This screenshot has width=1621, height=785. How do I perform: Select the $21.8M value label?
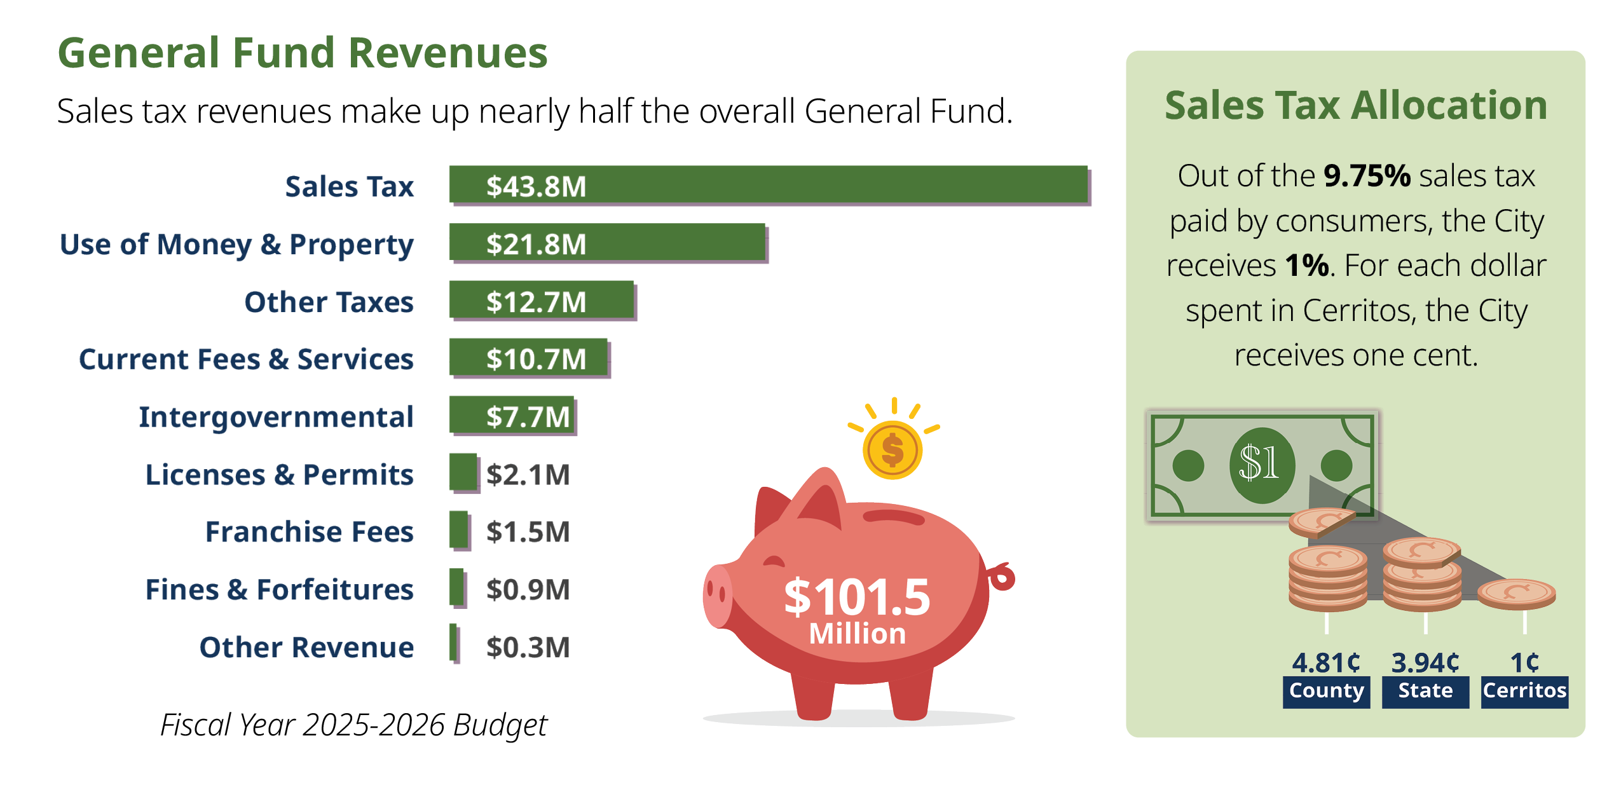tap(535, 244)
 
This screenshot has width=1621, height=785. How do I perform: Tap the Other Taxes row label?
tap(329, 302)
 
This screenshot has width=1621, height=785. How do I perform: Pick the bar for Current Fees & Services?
tap(528, 358)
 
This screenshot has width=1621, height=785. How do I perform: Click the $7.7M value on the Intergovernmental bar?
tap(528, 417)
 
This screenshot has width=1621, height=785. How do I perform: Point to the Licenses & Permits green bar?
tap(463, 472)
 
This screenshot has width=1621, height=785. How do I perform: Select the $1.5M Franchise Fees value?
tap(528, 532)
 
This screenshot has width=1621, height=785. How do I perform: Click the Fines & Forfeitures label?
tap(279, 589)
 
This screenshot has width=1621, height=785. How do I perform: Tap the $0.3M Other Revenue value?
tap(528, 647)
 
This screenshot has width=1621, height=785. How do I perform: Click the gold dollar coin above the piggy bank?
tap(893, 450)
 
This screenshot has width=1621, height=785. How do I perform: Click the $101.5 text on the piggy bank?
tap(856, 597)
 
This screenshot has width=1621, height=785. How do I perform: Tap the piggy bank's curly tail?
tap(1002, 577)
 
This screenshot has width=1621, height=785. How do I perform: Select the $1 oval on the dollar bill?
tap(1261, 465)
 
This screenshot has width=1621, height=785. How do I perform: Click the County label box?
tap(1326, 691)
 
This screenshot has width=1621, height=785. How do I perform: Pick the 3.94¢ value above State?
tap(1425, 663)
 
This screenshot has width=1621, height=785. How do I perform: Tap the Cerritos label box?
tap(1524, 691)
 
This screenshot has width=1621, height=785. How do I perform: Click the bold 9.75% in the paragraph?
tap(1367, 176)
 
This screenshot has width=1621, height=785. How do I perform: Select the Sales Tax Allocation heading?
tap(1355, 105)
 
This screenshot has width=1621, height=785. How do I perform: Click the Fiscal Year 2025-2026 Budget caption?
tap(353, 725)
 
